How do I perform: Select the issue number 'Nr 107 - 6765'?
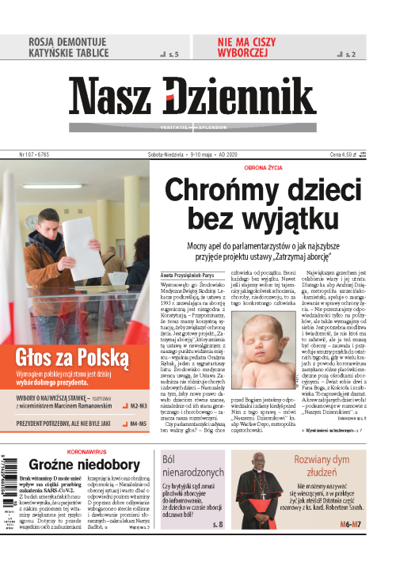pyautogui.click(x=33, y=154)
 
